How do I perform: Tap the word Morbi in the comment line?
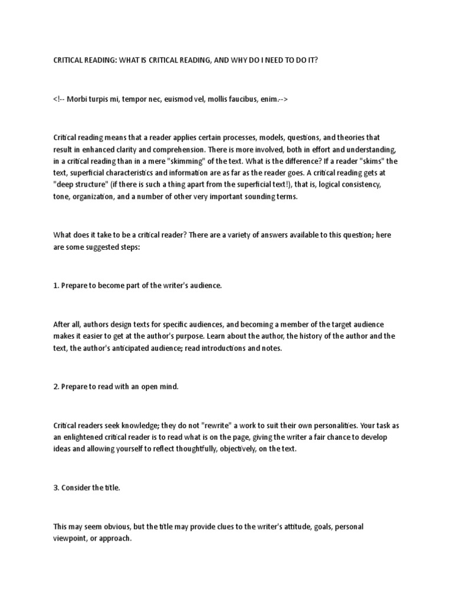[75, 100]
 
